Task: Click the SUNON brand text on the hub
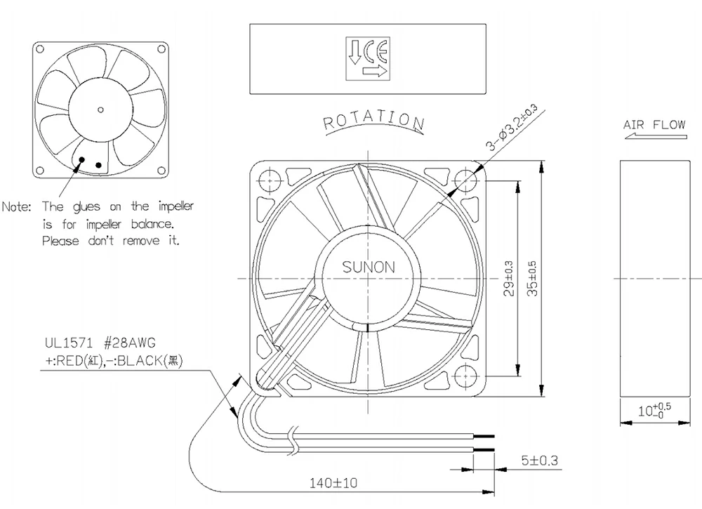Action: pyautogui.click(x=369, y=267)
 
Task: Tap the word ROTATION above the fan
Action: pyautogui.click(x=373, y=121)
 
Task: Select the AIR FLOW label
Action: pyautogui.click(x=654, y=125)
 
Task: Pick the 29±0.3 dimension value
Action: pyautogui.click(x=509, y=278)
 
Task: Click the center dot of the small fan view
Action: pyautogui.click(x=100, y=109)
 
